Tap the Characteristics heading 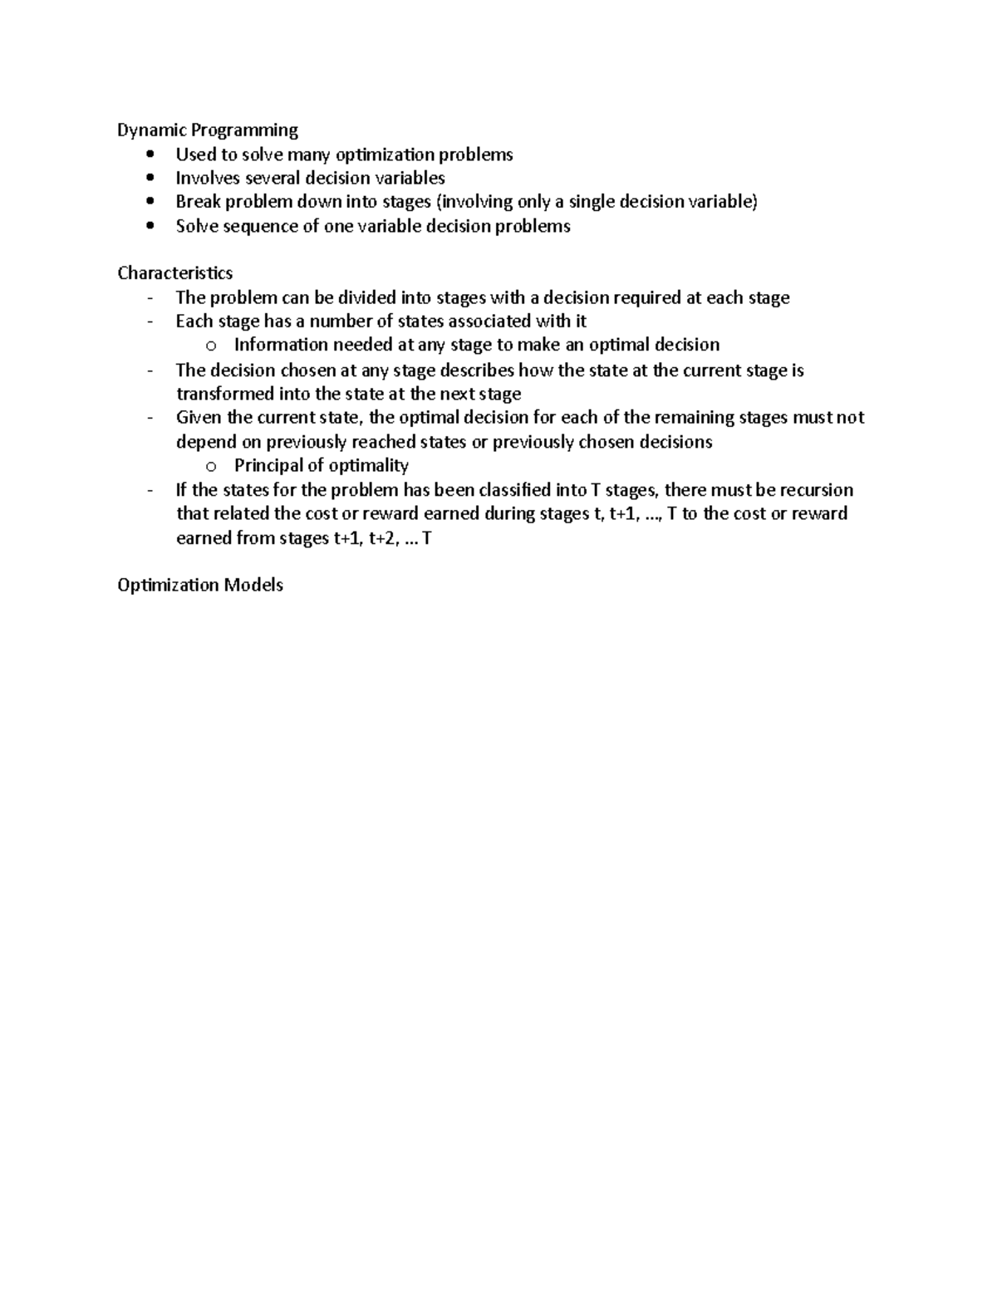click(x=174, y=273)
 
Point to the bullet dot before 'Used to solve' click(x=150, y=155)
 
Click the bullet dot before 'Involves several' click(x=150, y=178)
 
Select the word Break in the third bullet click(x=198, y=202)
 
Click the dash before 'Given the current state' click(x=150, y=418)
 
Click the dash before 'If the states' click(x=150, y=490)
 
